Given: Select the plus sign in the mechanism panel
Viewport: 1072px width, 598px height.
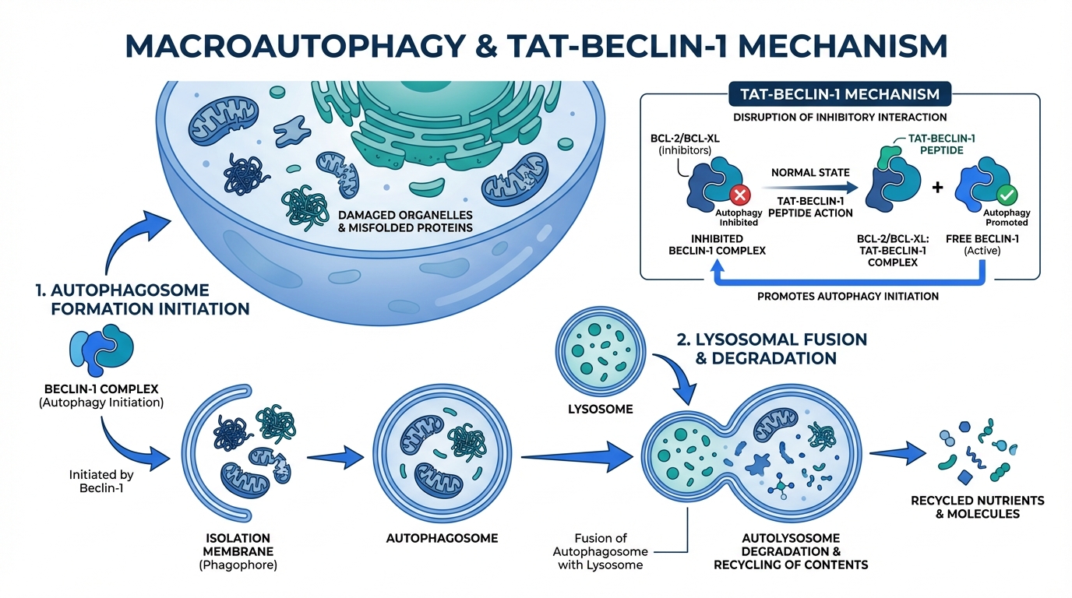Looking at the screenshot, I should [937, 188].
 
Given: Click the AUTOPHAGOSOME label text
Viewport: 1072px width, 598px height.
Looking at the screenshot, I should [442, 538].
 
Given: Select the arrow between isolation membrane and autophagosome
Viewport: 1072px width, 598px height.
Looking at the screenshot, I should [337, 458].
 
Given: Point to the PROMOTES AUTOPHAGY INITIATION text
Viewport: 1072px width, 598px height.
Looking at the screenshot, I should [848, 296].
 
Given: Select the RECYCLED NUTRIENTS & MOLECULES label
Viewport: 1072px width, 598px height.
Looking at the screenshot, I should [977, 507].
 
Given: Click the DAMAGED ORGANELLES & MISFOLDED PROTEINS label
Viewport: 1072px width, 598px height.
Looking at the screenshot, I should [405, 221].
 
